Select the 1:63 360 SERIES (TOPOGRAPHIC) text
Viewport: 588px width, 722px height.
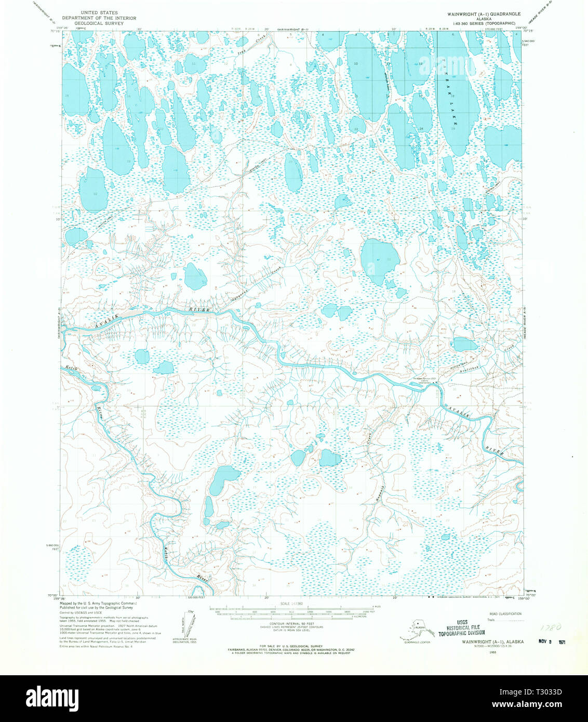pos(487,23)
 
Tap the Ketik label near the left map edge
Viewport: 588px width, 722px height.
pos(72,368)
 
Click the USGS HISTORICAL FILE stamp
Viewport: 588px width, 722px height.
pos(461,627)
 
